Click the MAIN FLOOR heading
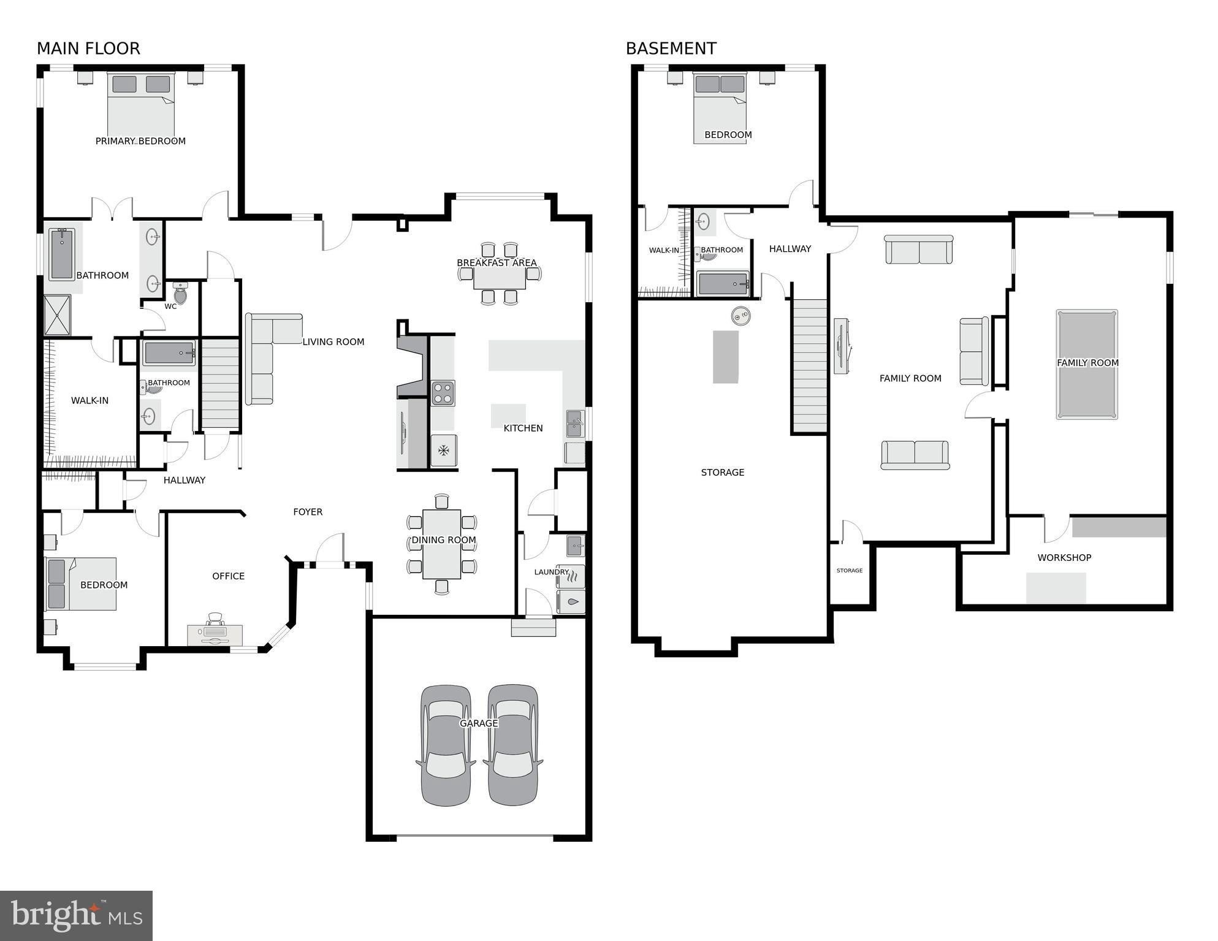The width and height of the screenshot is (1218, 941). click(88, 48)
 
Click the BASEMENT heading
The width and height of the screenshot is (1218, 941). click(671, 48)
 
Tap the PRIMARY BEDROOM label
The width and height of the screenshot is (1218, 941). click(140, 141)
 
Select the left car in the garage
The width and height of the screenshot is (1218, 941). click(446, 745)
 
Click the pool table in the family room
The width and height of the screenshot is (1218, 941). click(1086, 364)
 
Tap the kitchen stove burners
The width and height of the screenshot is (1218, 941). click(443, 393)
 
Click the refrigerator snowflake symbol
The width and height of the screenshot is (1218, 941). click(443, 451)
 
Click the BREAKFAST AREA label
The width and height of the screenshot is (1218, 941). click(497, 263)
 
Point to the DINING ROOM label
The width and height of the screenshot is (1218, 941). click(443, 540)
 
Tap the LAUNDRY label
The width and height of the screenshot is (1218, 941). click(551, 572)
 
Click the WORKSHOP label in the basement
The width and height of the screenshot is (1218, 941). click(1064, 558)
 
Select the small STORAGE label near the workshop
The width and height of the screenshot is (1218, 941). click(849, 571)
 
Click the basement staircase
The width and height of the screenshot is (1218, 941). click(810, 365)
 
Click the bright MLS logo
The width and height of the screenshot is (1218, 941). click(76, 916)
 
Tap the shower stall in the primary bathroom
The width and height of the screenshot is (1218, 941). click(57, 315)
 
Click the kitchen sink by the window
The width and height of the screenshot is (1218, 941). click(574, 424)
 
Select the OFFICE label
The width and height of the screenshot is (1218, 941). click(228, 576)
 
